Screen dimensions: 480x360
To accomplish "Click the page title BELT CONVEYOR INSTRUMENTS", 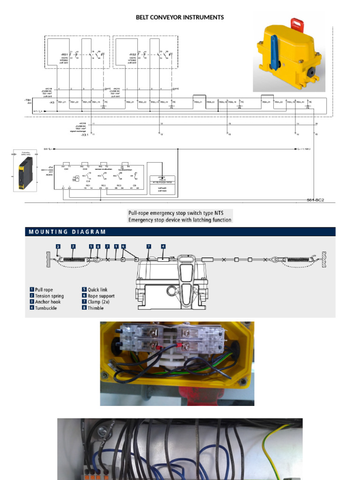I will pyautogui.click(x=180, y=17).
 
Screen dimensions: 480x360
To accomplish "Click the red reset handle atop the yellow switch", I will pyautogui.click(x=297, y=24).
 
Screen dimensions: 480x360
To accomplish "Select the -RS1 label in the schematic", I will pyautogui.click(x=64, y=54).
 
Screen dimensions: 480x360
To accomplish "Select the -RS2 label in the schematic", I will pyautogui.click(x=132, y=54).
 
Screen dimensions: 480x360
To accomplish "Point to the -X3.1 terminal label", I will pyautogui.click(x=85, y=135).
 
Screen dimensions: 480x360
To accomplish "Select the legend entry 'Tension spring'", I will pyautogui.click(x=49, y=296).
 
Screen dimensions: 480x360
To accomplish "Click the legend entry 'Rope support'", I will pyautogui.click(x=101, y=296).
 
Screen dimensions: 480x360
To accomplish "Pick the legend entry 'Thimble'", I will pyautogui.click(x=96, y=308).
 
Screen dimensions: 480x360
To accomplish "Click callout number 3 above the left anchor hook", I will pyautogui.click(x=58, y=246).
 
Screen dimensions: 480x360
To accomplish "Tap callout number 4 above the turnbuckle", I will pyautogui.click(x=163, y=246).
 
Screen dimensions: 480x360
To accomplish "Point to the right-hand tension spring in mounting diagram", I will pyautogui.click(x=300, y=259).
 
